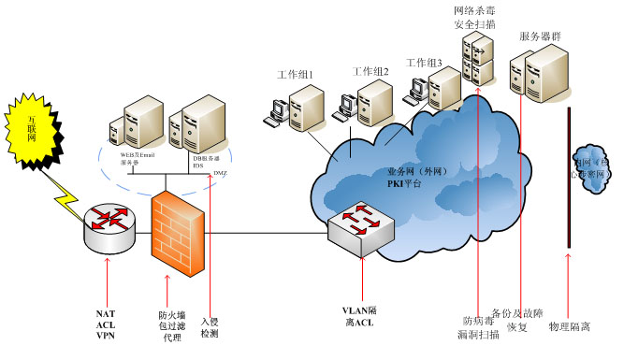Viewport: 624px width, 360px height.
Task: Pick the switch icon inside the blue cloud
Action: click(359, 228)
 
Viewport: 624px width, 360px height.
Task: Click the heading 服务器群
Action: click(540, 36)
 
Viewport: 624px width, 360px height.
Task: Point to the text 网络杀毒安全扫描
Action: click(474, 15)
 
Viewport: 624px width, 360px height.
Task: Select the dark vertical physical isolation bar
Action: click(570, 178)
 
